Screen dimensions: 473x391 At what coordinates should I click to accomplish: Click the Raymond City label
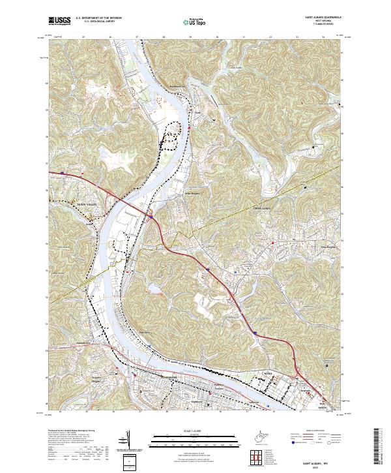(x=177, y=85)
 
